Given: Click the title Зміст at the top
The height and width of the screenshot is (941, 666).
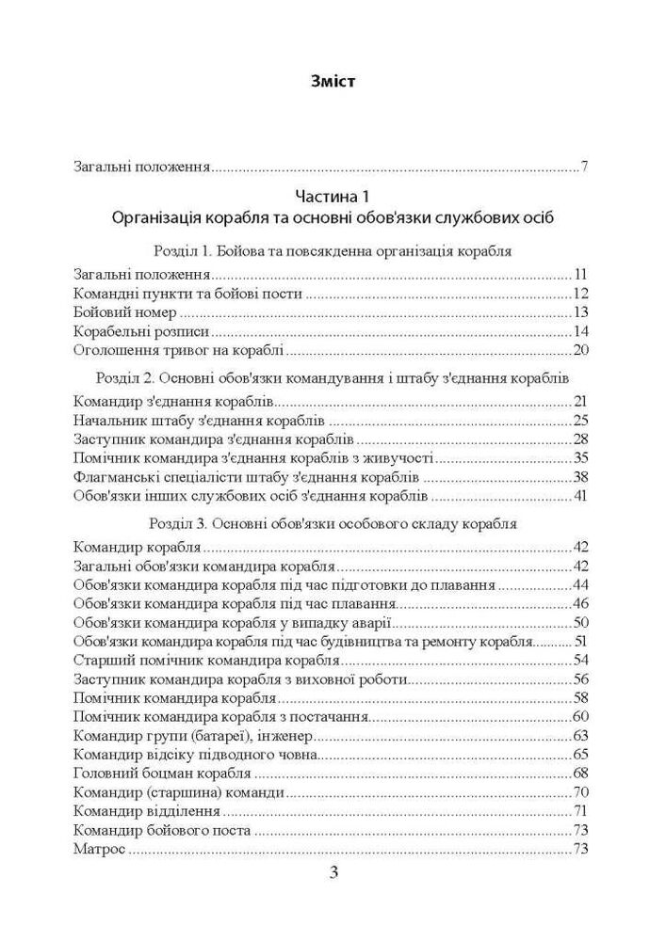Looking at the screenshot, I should tap(333, 82).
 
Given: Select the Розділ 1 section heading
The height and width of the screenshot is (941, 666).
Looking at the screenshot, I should tap(332, 252).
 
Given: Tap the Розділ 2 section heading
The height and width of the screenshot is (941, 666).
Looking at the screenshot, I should tap(332, 377).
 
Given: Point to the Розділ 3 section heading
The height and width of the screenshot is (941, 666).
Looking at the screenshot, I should tap(332, 522).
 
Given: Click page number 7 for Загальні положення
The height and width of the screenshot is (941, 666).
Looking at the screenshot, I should tap(585, 168).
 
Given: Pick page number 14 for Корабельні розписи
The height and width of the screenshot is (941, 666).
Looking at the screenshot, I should tap(580, 332).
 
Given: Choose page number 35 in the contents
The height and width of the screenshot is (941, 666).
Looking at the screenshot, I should tap(580, 458).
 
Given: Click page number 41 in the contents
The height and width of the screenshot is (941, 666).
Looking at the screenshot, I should tap(580, 496).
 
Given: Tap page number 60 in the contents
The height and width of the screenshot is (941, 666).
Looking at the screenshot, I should tap(580, 717).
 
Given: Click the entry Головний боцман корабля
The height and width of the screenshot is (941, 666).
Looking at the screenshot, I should tap(161, 774).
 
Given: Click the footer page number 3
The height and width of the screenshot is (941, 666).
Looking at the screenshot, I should tap(333, 872).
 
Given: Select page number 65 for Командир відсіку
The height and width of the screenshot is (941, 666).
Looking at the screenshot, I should tap(580, 755).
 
